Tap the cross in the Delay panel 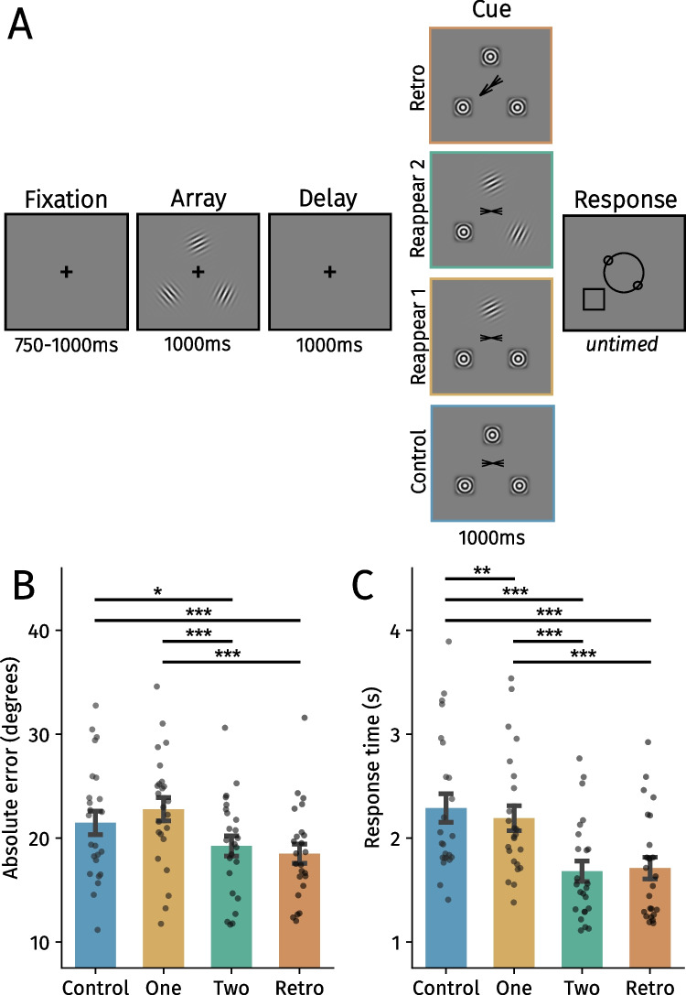point(330,272)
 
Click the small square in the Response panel point(593,298)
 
